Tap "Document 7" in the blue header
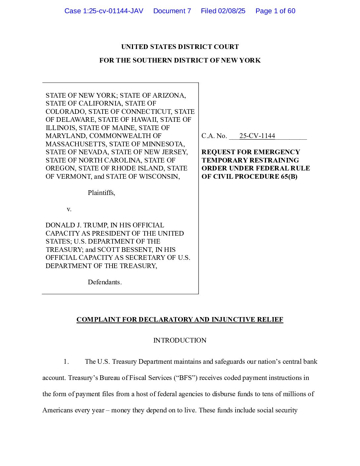click(x=172, y=11)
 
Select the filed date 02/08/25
click(x=231, y=11)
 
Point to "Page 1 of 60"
click(x=275, y=11)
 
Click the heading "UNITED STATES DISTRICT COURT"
click(x=180, y=47)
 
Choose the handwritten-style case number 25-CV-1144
click(x=257, y=136)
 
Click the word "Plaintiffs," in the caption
click(x=101, y=193)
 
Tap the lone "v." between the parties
click(x=69, y=209)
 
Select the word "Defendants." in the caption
click(x=105, y=282)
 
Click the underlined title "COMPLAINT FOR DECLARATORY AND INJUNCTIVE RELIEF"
click(x=180, y=319)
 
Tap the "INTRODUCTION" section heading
click(x=180, y=340)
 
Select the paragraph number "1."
click(x=66, y=361)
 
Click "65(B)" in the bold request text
click(x=289, y=176)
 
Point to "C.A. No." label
click(x=214, y=136)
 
